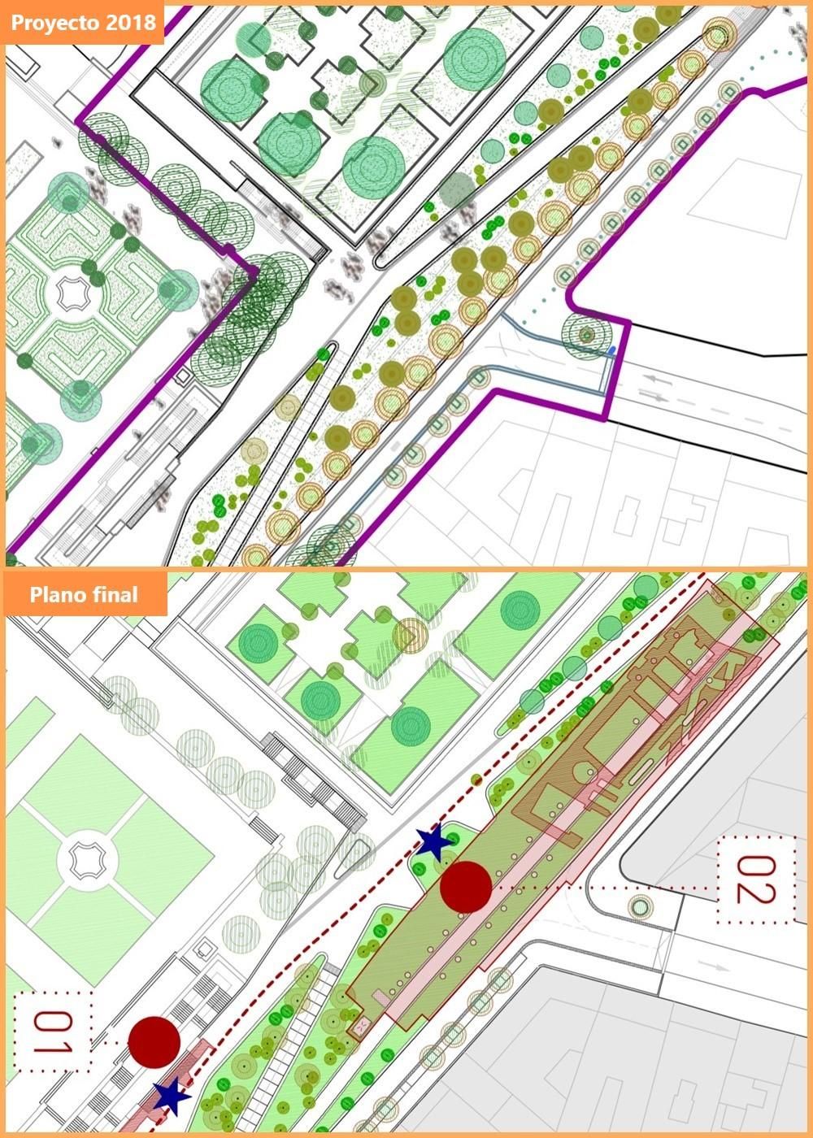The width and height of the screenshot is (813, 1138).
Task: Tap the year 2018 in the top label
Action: [x=133, y=22]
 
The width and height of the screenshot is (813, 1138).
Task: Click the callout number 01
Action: [x=53, y=1032]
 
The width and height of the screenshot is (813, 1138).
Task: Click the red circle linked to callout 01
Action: [x=154, y=1042]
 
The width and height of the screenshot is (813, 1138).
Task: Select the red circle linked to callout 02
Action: [x=466, y=887]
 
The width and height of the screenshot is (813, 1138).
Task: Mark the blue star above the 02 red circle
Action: [x=434, y=843]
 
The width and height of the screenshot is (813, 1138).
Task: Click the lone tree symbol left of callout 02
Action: [x=641, y=905]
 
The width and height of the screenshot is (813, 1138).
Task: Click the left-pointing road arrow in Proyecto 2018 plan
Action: [x=663, y=380]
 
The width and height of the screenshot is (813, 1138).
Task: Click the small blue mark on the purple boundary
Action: [x=612, y=350]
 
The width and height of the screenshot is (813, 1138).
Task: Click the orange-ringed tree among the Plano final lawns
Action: [x=411, y=635]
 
